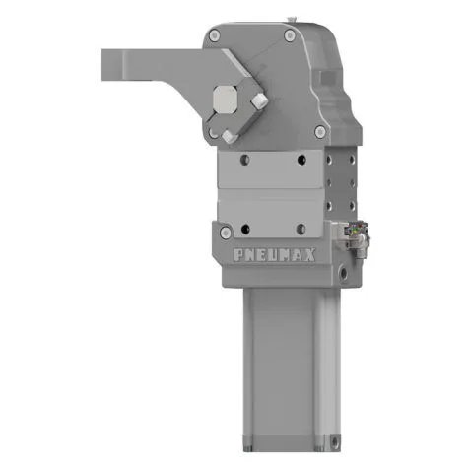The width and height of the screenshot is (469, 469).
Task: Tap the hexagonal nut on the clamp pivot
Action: (x=225, y=100)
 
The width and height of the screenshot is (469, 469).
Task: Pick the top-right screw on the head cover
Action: (x=289, y=35)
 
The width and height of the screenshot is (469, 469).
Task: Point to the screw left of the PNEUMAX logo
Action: (x=227, y=233)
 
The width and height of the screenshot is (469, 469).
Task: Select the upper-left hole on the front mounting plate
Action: (x=241, y=158)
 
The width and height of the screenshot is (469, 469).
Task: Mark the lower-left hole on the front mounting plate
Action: (x=241, y=205)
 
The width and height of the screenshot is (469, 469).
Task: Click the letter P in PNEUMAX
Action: (x=240, y=253)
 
